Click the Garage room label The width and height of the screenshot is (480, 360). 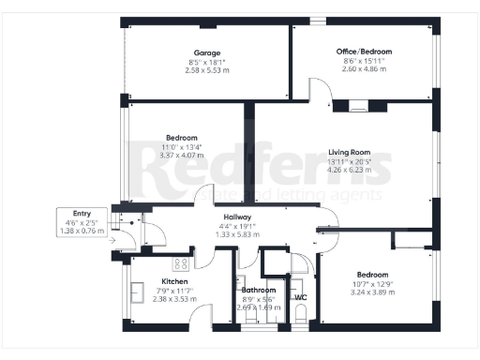[207, 52]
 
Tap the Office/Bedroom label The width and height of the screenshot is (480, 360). [364, 51]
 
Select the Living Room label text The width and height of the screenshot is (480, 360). [349, 152]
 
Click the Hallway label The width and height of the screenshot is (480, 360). [231, 216]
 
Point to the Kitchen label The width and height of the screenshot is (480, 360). [174, 281]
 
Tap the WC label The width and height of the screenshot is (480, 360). [301, 297]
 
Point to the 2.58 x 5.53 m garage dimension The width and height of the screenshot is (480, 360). [207, 69]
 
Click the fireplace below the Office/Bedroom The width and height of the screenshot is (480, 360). [357, 107]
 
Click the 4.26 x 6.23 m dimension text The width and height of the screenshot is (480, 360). [349, 170]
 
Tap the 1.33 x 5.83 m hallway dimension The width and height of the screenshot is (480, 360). [231, 234]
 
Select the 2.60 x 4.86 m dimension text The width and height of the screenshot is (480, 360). [364, 69]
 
